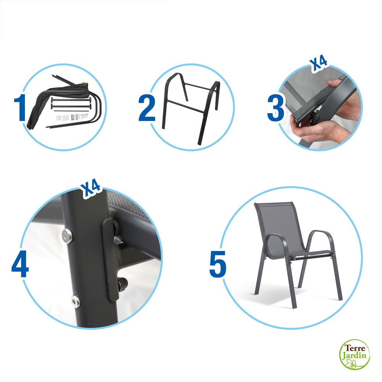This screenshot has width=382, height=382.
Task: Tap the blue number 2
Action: (147, 108)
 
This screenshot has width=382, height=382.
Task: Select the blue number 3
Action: (275, 108)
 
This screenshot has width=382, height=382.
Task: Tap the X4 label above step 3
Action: (318, 64)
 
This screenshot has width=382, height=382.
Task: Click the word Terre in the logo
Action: (355, 348)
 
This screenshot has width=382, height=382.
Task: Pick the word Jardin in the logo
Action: (355, 356)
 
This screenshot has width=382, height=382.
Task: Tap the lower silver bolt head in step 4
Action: (76, 301)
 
